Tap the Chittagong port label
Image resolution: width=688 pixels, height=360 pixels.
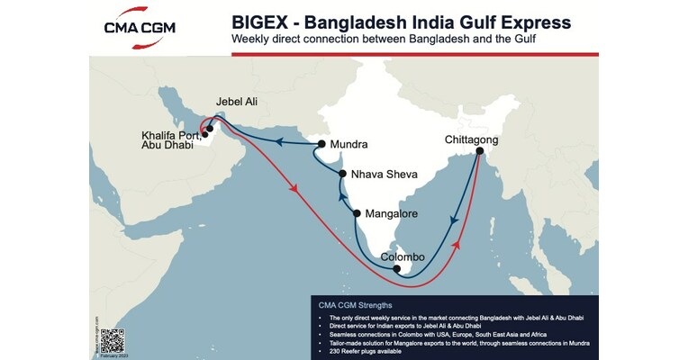tap(471, 140)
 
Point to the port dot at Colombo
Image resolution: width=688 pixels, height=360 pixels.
tap(397, 268)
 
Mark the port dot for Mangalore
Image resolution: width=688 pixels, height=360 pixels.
tap(358, 214)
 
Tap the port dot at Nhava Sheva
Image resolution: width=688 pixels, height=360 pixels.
tap(342, 174)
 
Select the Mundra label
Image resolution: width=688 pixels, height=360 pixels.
tap(349, 144)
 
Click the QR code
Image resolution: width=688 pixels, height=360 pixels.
tap(112, 340)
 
